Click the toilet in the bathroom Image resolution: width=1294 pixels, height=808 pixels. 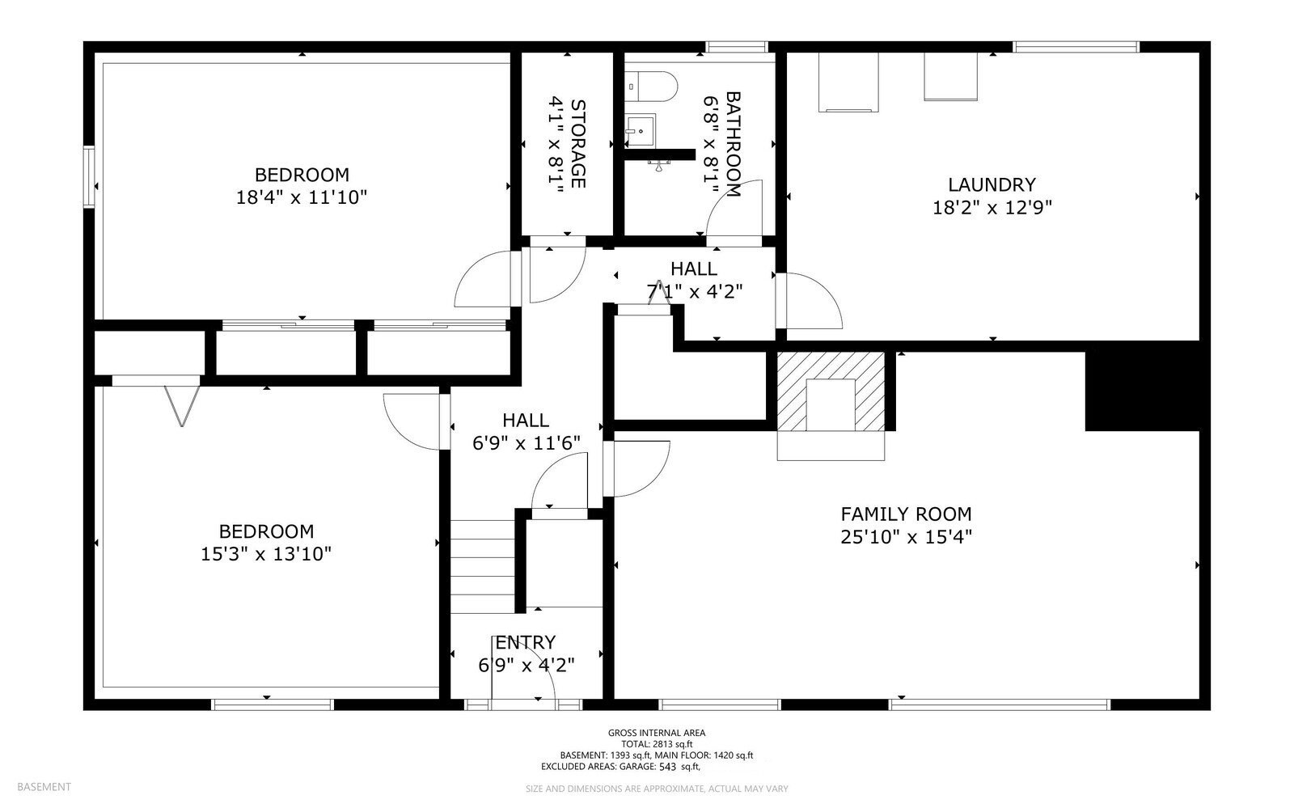[x=651, y=87]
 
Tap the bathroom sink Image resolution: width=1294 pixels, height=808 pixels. [x=641, y=130]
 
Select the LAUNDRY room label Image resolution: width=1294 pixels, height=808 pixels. [x=992, y=185]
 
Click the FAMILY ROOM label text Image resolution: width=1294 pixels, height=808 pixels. [x=906, y=514]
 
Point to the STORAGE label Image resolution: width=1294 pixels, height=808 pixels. [x=577, y=144]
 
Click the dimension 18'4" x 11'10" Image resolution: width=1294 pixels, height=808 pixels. [x=302, y=197]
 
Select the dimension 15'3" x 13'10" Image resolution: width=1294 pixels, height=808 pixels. [x=266, y=554]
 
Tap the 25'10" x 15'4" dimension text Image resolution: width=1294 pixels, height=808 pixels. [x=906, y=537]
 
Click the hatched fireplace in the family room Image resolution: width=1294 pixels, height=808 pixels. [x=831, y=391]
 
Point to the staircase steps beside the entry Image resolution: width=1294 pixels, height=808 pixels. [x=482, y=567]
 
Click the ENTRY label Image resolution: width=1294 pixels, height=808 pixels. [x=525, y=642]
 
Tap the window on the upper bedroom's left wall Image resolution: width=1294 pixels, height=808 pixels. [x=89, y=177]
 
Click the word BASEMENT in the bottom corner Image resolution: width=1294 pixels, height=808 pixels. [x=44, y=787]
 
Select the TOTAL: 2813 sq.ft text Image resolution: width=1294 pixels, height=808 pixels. [x=656, y=744]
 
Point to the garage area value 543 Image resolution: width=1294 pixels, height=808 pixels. [x=667, y=767]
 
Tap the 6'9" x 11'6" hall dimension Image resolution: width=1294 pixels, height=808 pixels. [x=526, y=443]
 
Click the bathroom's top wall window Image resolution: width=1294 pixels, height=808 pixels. [x=737, y=47]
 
